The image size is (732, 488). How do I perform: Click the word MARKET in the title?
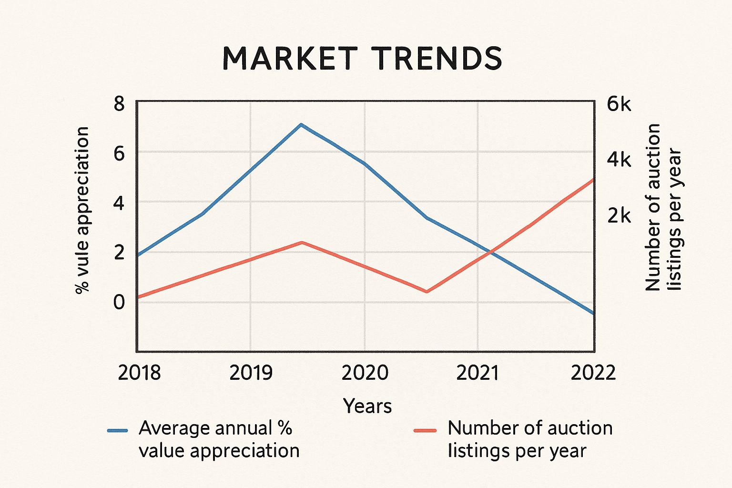coord(290,58)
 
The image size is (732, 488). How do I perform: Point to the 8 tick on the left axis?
coord(119,103)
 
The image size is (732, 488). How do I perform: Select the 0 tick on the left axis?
coord(119,302)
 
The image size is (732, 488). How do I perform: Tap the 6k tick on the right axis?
coord(619,103)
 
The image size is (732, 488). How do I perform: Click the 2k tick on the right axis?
coord(619,216)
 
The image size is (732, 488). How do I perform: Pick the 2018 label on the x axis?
coord(139,373)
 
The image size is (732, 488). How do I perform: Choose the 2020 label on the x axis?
coord(365,373)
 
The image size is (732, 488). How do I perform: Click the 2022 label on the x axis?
coord(593,373)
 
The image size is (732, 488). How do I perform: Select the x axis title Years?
coord(367,406)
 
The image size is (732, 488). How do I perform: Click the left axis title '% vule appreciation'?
coord(82,210)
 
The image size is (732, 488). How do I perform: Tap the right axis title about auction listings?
coord(663,207)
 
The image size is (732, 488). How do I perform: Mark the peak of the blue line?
coord(301,124)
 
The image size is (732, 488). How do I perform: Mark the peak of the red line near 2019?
coord(302,242)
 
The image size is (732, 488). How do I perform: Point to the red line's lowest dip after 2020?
coord(427,292)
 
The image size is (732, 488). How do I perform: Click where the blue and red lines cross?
coord(491,251)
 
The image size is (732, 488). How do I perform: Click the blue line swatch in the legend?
coord(118,431)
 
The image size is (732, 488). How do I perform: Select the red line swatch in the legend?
coord(425,431)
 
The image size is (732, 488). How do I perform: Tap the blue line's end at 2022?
coord(593,314)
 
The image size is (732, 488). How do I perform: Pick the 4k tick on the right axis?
coord(619,160)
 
